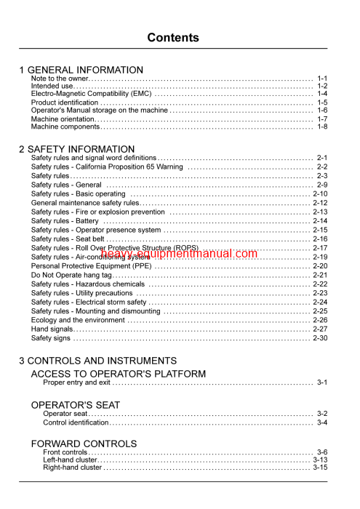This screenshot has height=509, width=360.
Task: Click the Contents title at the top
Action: tap(173, 38)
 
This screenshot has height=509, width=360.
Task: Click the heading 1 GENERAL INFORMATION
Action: tap(81, 70)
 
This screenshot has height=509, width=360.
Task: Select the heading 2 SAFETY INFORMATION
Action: tap(76, 149)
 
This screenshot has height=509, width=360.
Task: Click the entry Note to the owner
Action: tap(59, 78)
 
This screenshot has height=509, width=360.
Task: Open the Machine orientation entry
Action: tap(63, 119)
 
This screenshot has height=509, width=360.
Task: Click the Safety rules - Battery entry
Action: tap(65, 221)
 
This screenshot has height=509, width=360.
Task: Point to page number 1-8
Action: tap(322, 127)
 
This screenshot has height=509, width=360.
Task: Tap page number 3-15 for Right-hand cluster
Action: tap(320, 468)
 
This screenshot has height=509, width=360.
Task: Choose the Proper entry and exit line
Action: tap(77, 382)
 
